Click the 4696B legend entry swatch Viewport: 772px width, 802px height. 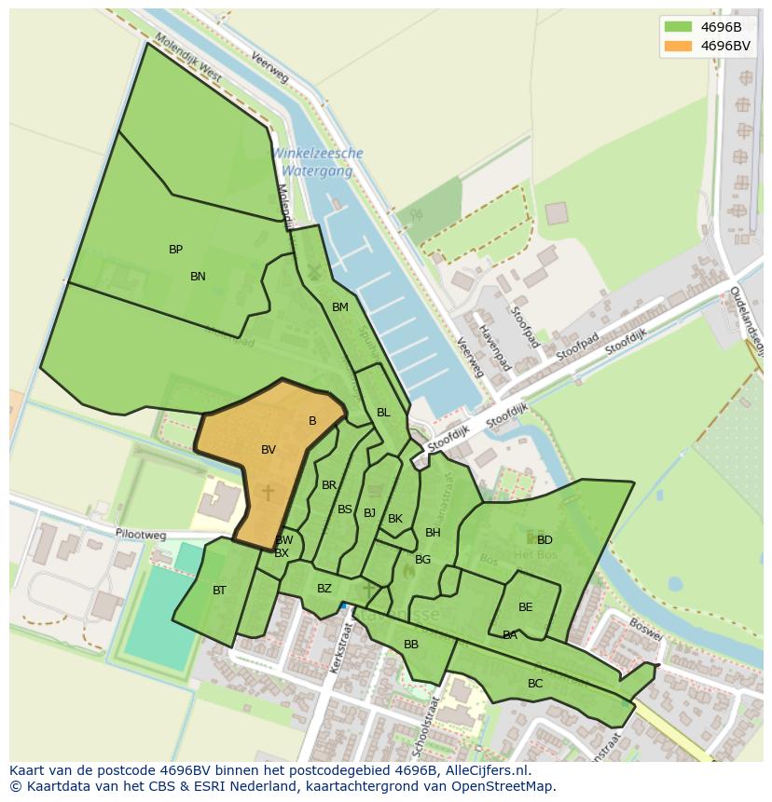coord(678,27)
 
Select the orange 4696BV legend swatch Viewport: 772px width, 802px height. coord(678,46)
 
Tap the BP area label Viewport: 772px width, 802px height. coord(175,250)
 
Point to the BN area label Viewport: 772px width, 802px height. coord(198,277)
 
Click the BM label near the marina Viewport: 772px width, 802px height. coord(339,307)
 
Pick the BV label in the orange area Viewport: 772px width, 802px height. coord(269,450)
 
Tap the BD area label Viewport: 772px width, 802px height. coord(545,540)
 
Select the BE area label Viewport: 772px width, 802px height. coord(526,607)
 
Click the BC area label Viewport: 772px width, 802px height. coord(535,684)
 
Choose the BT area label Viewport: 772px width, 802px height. coord(219,591)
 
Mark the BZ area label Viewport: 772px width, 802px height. coord(324,589)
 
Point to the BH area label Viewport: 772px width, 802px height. coord(433,533)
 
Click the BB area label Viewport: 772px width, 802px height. coord(411,645)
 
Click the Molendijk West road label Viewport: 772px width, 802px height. coord(189,59)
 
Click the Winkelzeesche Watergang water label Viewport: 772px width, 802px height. coord(317,162)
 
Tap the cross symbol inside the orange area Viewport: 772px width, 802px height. coord(268,492)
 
